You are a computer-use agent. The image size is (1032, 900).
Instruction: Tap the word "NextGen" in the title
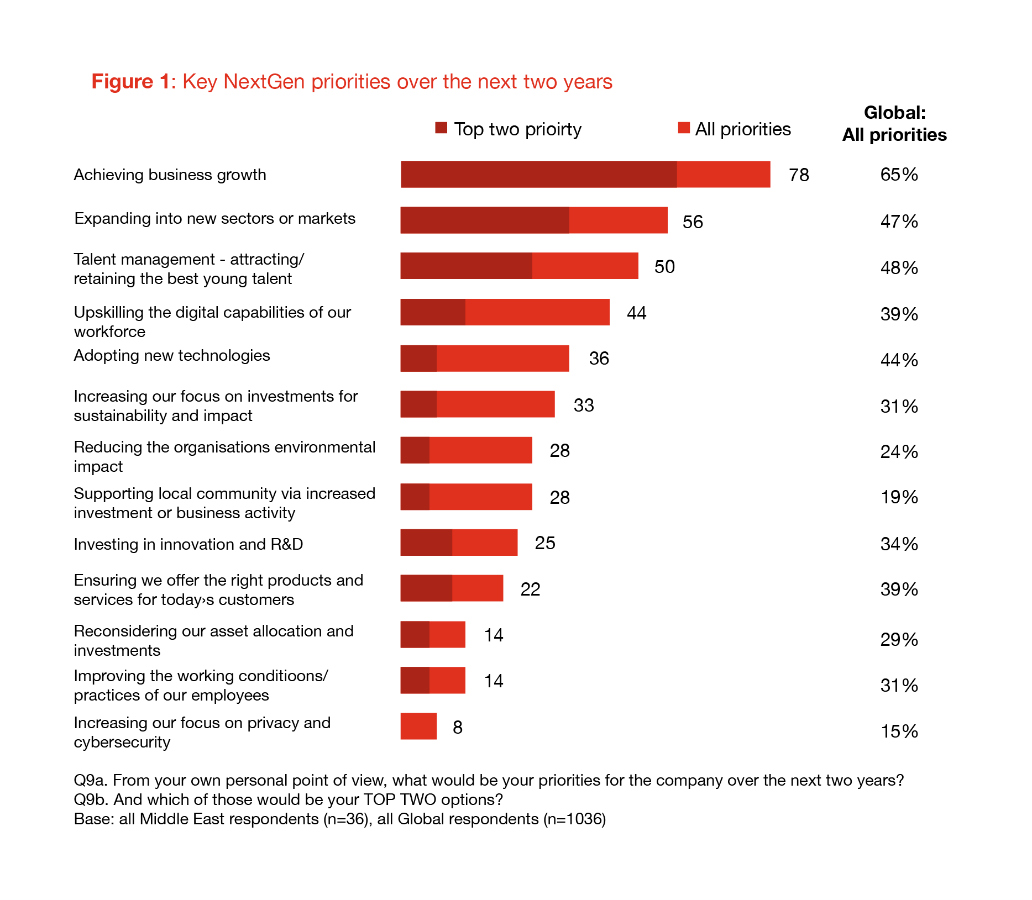click(x=264, y=82)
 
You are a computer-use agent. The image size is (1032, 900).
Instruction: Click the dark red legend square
click(x=441, y=128)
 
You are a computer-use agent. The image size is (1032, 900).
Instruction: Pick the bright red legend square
click(x=684, y=128)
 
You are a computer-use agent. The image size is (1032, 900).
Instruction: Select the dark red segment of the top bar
click(x=538, y=175)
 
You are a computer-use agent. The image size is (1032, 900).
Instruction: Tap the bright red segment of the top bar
click(x=724, y=175)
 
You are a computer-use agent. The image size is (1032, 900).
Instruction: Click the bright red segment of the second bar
click(x=618, y=220)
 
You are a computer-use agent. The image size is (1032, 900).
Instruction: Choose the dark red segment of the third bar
click(x=466, y=266)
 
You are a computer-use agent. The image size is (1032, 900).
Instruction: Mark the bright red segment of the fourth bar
click(x=537, y=312)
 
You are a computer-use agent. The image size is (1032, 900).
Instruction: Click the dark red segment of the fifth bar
click(x=418, y=359)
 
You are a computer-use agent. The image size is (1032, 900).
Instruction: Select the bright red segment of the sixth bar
click(x=495, y=404)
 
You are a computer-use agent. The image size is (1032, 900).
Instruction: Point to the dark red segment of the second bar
click(x=484, y=220)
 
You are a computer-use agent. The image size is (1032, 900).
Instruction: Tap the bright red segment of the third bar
click(x=585, y=266)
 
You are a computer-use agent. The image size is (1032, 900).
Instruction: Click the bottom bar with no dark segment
click(x=418, y=726)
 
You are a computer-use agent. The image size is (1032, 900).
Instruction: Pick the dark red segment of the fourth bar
click(x=433, y=312)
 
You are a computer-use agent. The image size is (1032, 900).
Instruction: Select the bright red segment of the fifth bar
click(x=502, y=359)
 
